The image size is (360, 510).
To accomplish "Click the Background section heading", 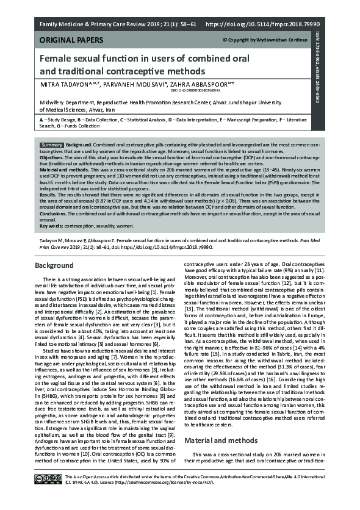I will pos(54,266).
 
